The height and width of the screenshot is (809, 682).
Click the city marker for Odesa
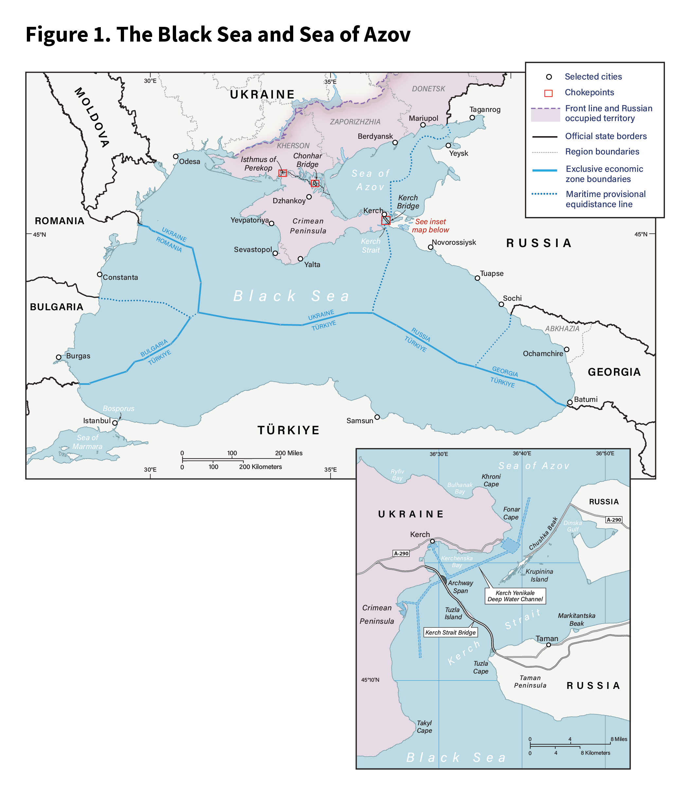pos(175,156)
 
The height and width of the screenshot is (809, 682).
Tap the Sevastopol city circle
pos(275,254)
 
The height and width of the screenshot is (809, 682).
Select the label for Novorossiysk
pos(454,243)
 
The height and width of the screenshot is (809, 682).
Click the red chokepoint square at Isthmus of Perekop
pos(283,173)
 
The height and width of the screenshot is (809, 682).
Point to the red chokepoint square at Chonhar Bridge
pos(315,183)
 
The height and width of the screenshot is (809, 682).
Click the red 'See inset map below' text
pos(430,226)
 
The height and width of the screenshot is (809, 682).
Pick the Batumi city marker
pos(570,403)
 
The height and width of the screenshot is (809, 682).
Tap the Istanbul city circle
pos(115,423)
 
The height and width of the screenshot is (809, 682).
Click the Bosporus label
pos(118,408)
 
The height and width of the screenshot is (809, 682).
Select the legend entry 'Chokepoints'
pos(589,92)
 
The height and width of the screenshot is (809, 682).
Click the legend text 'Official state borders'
pos(605,136)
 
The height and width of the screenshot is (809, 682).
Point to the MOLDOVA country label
pos(92,117)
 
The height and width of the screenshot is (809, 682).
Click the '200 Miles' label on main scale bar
pos(289,453)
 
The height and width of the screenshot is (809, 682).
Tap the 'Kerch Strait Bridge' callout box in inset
pos(450,632)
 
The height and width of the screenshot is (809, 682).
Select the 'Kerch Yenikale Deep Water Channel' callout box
pos(515,596)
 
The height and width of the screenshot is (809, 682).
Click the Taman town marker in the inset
pos(548,645)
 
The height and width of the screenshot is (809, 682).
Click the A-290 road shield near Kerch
pos(401,553)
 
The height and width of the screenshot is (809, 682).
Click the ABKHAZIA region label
pos(562,329)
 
